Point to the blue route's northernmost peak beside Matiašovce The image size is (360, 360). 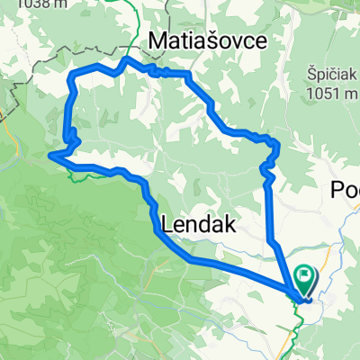126,59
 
